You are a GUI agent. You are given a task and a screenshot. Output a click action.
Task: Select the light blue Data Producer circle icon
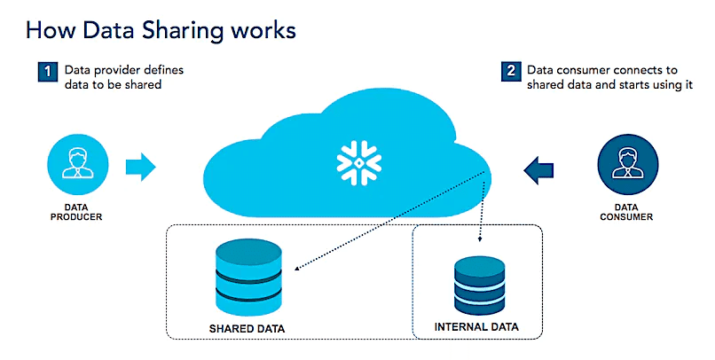point(78,165)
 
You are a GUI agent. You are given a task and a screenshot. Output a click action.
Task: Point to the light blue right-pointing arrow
point(141,165)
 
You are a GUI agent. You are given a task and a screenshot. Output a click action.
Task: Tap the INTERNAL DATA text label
point(476,328)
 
